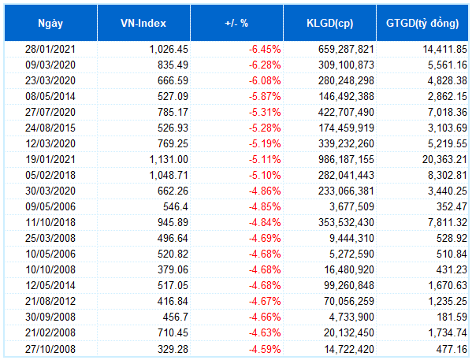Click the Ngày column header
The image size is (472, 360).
click(50, 24)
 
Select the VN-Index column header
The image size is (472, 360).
click(143, 24)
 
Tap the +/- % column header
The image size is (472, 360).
click(236, 24)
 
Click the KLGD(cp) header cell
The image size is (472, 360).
click(329, 24)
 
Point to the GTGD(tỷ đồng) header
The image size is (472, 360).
click(422, 24)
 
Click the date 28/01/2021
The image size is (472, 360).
click(50, 49)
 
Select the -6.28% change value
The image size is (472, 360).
click(265, 65)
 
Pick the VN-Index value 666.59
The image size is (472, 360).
click(173, 80)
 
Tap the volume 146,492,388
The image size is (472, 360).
click(346, 96)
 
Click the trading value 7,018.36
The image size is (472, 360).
click(448, 113)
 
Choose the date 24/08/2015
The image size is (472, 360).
click(50, 128)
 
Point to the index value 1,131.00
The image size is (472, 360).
click(169, 160)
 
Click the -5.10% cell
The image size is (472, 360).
click(265, 175)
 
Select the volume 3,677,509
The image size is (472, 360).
click(351, 207)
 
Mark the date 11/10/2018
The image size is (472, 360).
click(50, 222)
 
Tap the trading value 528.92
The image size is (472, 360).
click(452, 238)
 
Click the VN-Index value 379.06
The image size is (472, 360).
click(173, 269)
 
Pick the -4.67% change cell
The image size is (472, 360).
click(265, 301)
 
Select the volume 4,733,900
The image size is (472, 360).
click(351, 317)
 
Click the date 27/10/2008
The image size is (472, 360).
click(50, 349)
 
